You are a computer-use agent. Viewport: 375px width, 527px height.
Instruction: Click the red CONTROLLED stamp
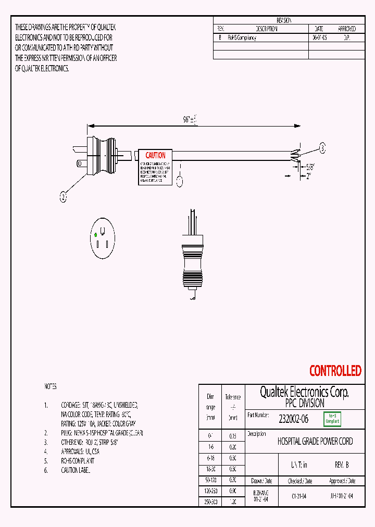click(335, 371)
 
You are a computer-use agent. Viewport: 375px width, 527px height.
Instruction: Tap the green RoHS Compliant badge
click(332, 419)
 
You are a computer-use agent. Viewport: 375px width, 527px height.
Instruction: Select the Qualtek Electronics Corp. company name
click(304, 392)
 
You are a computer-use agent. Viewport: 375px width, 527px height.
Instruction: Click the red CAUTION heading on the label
click(155, 155)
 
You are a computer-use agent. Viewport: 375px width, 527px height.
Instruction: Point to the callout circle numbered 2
click(63, 197)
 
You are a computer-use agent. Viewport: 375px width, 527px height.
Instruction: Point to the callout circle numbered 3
click(322, 149)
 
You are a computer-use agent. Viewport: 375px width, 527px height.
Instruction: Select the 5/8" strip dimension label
click(311, 167)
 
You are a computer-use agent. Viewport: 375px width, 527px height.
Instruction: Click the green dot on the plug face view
click(95, 235)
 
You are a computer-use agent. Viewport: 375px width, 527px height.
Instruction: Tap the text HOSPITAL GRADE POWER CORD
click(315, 441)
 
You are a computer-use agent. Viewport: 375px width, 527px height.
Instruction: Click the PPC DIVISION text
click(304, 404)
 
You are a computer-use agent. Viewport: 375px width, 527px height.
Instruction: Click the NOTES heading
click(50, 387)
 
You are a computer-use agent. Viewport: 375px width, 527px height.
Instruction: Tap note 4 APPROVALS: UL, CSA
click(81, 452)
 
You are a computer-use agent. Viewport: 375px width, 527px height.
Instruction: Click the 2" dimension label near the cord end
click(308, 176)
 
